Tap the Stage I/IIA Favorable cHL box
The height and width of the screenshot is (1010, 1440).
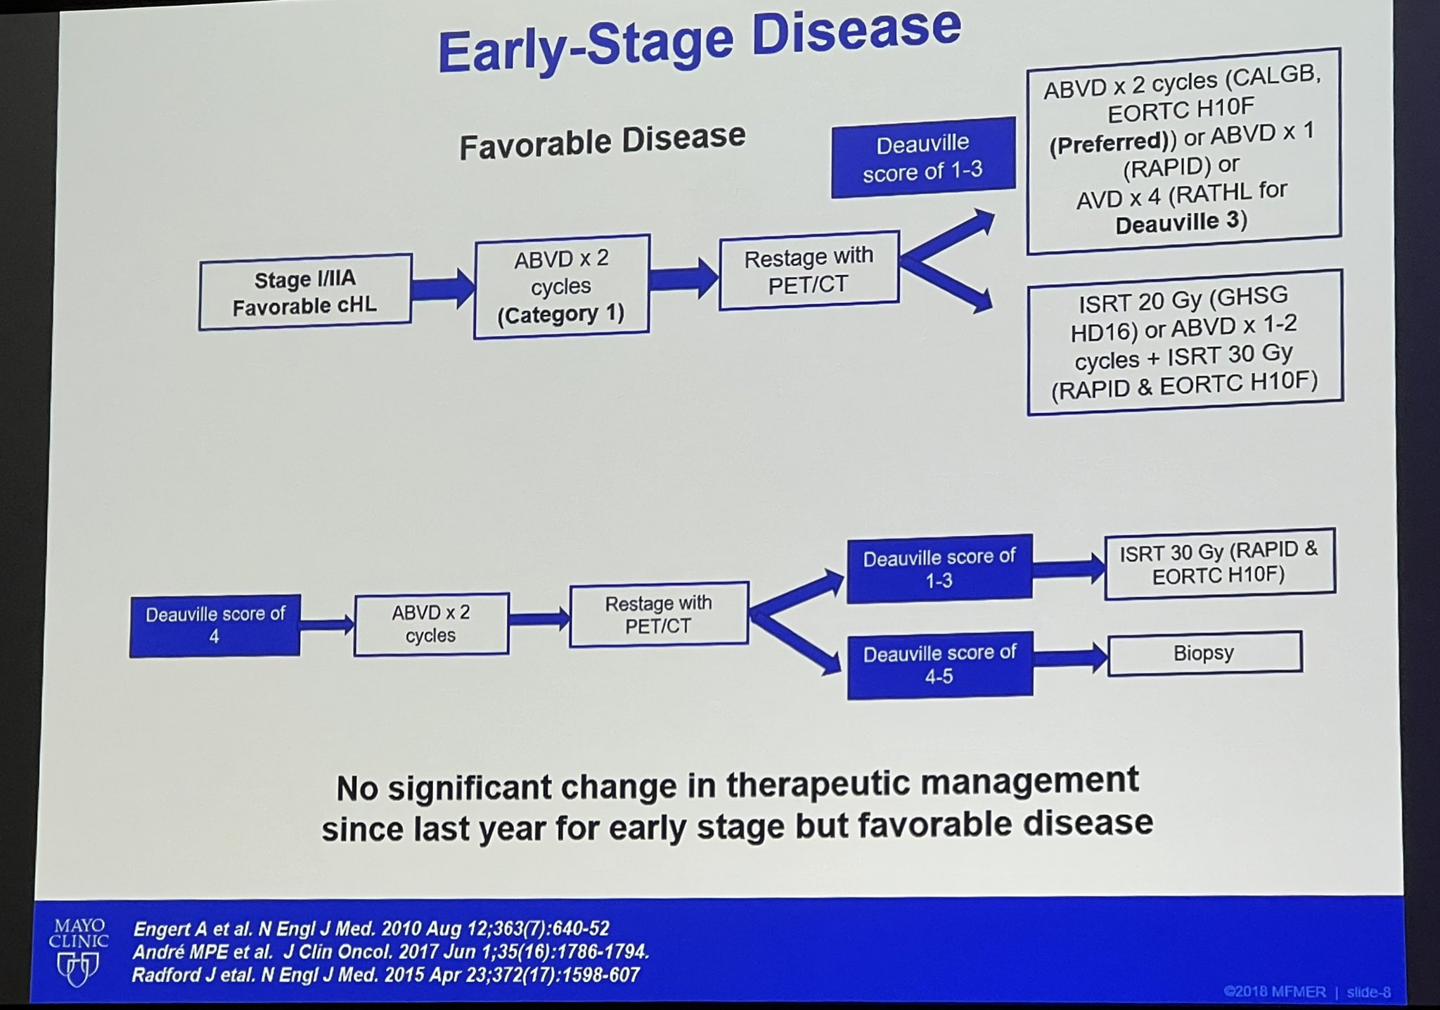[305, 292]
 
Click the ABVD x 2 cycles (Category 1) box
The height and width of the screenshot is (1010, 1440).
[561, 286]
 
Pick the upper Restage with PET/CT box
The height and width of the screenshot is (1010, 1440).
[809, 270]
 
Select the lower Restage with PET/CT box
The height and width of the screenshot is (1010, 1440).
[659, 614]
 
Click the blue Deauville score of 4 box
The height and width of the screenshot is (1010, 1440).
[214, 625]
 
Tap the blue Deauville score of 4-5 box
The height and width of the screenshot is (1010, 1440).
[939, 665]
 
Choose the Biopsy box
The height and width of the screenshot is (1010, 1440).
[1204, 653]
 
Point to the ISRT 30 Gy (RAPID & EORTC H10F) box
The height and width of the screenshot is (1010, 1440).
[1219, 563]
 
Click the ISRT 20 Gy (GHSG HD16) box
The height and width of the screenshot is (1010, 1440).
[1185, 342]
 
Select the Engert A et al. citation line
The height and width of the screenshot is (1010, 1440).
[371, 928]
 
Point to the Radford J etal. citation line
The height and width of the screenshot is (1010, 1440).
[386, 975]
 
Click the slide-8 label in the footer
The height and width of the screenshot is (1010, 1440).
[1368, 992]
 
